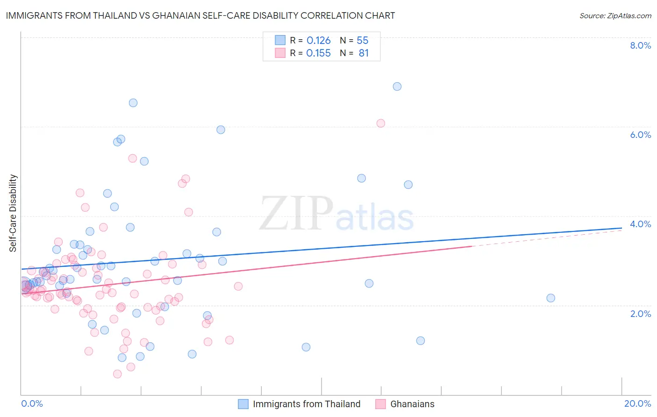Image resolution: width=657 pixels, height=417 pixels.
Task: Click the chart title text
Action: [200, 15]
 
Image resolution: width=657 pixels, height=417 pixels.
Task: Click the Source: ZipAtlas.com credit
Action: [615, 15]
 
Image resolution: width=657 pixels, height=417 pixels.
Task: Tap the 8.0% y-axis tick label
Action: [640, 45]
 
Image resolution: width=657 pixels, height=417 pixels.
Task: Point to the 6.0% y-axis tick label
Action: [640, 135]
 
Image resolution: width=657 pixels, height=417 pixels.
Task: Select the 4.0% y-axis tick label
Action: [640, 224]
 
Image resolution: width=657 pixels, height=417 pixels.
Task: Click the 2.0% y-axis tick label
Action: [640, 314]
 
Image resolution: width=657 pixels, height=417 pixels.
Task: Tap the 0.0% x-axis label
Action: [32, 403]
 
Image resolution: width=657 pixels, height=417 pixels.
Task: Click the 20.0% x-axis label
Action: [637, 403]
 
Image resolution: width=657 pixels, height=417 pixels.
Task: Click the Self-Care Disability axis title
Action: [13, 213]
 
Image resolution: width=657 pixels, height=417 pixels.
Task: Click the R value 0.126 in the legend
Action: [318, 40]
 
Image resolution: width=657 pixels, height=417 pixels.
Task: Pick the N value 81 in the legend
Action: [364, 53]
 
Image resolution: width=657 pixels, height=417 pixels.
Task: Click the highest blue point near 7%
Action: [397, 86]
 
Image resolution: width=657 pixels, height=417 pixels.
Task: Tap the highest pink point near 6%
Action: [381, 123]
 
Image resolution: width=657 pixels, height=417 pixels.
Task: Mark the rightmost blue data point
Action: [551, 298]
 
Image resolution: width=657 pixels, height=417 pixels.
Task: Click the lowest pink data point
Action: [117, 374]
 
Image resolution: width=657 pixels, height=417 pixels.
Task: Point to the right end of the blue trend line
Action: [621, 228]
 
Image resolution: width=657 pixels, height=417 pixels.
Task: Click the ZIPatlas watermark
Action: [336, 214]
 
